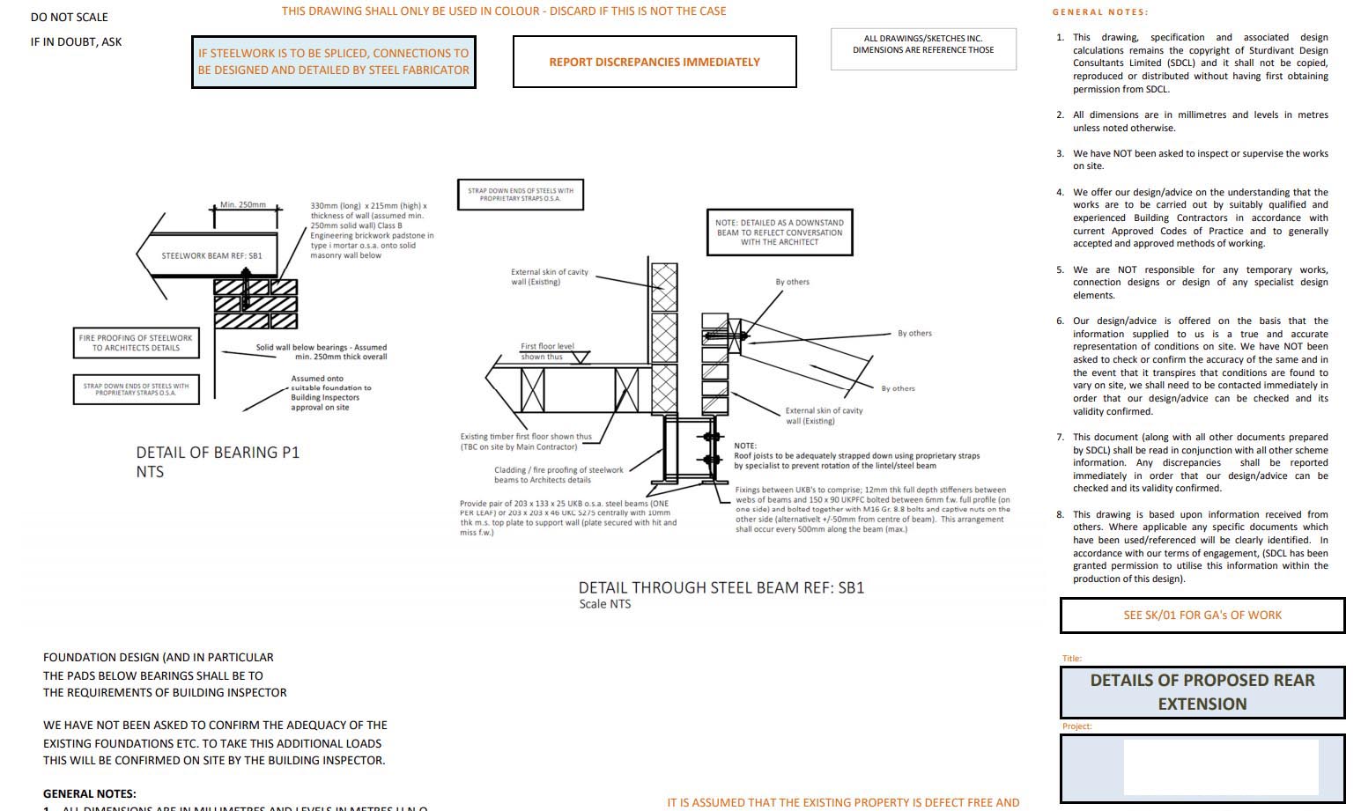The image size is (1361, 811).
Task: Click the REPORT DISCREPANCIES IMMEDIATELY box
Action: [655, 62]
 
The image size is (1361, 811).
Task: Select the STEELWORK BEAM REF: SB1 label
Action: [211, 256]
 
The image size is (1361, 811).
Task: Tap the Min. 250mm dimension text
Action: [243, 204]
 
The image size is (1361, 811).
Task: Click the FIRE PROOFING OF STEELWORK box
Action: [136, 343]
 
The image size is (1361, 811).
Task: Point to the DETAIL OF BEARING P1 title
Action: [218, 453]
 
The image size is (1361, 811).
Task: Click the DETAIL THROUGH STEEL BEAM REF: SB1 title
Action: [721, 587]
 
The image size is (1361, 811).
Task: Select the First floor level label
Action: [547, 346]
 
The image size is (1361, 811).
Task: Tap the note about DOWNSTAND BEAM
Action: [780, 232]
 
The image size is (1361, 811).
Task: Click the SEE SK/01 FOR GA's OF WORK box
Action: [1202, 616]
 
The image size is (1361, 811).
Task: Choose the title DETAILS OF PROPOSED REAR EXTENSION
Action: [1202, 692]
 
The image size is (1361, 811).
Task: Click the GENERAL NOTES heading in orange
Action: [1100, 12]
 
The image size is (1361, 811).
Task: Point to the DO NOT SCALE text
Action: [69, 17]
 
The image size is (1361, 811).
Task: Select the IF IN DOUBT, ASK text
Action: [76, 41]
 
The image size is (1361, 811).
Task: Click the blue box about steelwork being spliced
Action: [334, 62]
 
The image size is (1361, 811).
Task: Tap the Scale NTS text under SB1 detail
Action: [604, 604]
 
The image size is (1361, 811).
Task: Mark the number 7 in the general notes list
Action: [1060, 438]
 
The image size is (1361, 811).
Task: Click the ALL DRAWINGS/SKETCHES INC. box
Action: [923, 45]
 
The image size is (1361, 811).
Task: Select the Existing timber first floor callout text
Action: [526, 441]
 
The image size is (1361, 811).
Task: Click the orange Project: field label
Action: [1076, 726]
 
